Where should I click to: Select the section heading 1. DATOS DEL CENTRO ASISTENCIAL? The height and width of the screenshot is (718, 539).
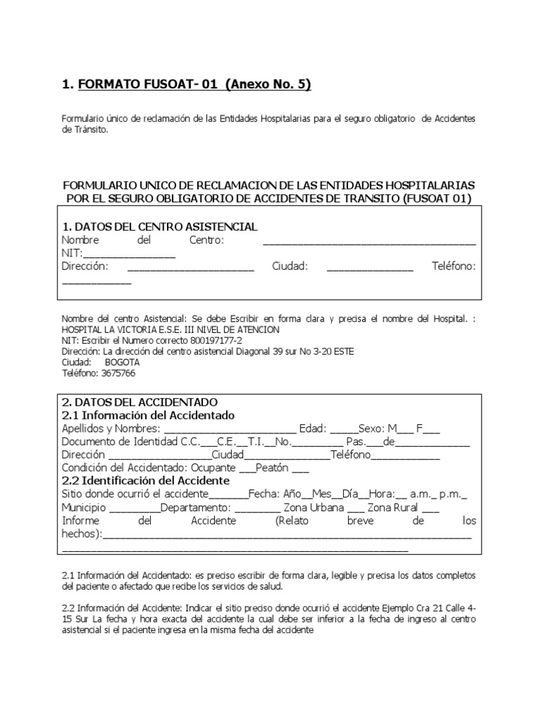click(160, 226)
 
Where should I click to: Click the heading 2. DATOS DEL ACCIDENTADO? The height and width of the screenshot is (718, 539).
click(140, 402)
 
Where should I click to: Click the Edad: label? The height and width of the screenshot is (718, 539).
click(312, 428)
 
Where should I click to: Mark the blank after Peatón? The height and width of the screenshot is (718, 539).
click(300, 468)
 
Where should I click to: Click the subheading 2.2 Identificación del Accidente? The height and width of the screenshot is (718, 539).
click(146, 481)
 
